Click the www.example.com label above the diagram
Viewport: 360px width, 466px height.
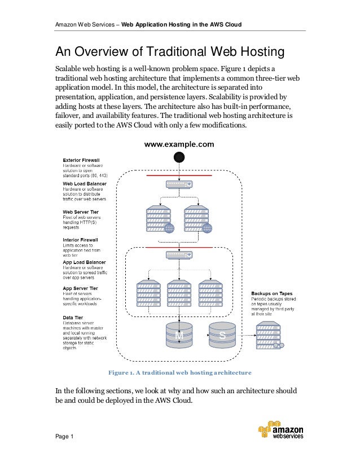pyautogui.click(x=179, y=144)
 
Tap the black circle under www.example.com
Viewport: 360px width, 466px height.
pyautogui.click(x=179, y=157)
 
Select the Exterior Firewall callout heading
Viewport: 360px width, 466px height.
pyautogui.click(x=82, y=161)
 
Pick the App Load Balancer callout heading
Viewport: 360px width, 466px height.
pyautogui.click(x=84, y=262)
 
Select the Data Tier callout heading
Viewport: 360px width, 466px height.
pyautogui.click(x=73, y=318)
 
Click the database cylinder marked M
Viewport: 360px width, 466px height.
pyautogui.click(x=179, y=336)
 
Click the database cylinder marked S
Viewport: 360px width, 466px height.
pyautogui.click(x=222, y=336)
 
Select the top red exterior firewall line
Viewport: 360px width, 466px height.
pyautogui.click(x=179, y=175)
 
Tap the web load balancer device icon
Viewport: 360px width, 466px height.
pyautogui.click(x=179, y=184)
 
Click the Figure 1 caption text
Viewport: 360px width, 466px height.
pyautogui.click(x=179, y=373)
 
